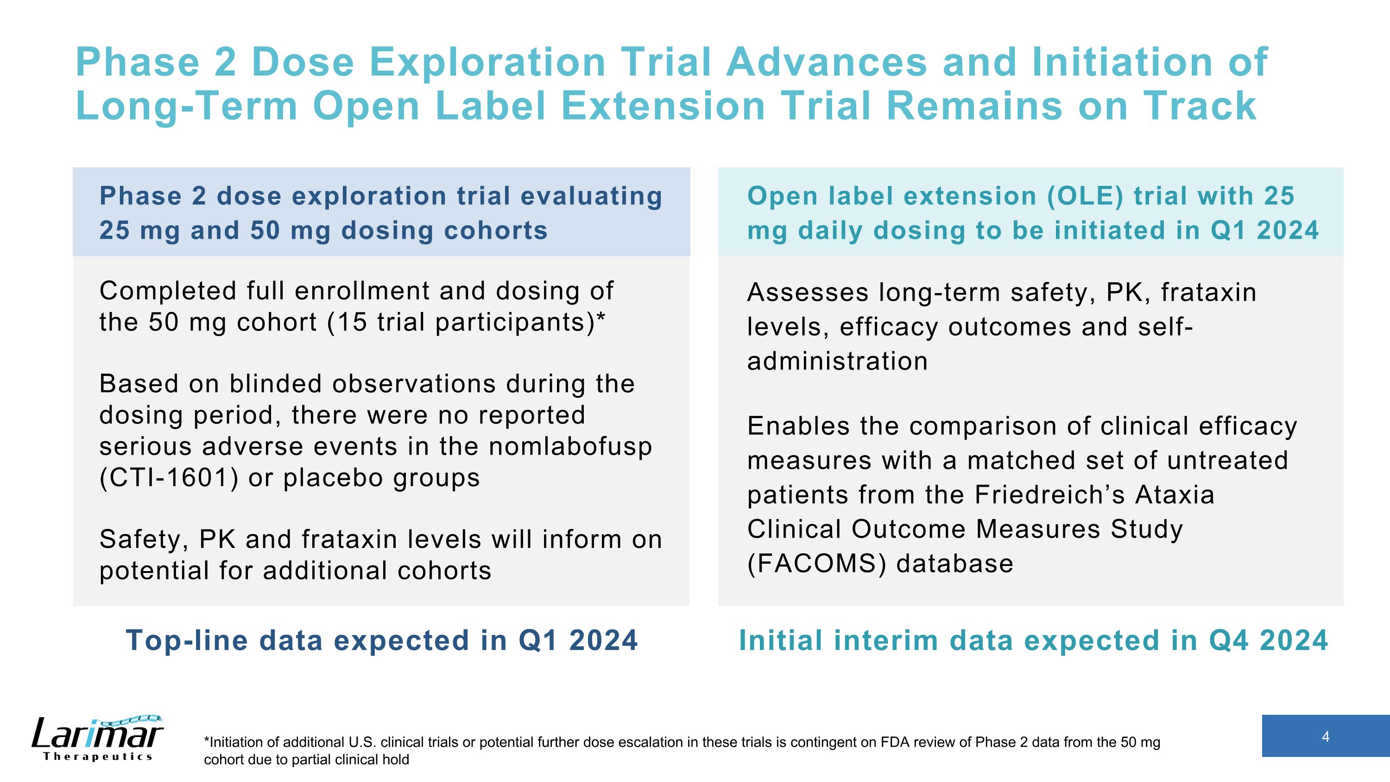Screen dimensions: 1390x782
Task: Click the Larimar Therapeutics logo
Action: tap(98, 738)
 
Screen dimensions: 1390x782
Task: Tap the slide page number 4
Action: tap(1326, 737)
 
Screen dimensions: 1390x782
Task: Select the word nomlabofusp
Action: tap(570, 447)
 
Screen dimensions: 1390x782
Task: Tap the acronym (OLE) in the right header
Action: tap(1085, 196)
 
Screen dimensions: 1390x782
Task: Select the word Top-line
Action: tap(187, 641)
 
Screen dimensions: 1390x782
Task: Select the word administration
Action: tap(837, 361)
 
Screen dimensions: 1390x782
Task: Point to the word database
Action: tap(954, 564)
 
